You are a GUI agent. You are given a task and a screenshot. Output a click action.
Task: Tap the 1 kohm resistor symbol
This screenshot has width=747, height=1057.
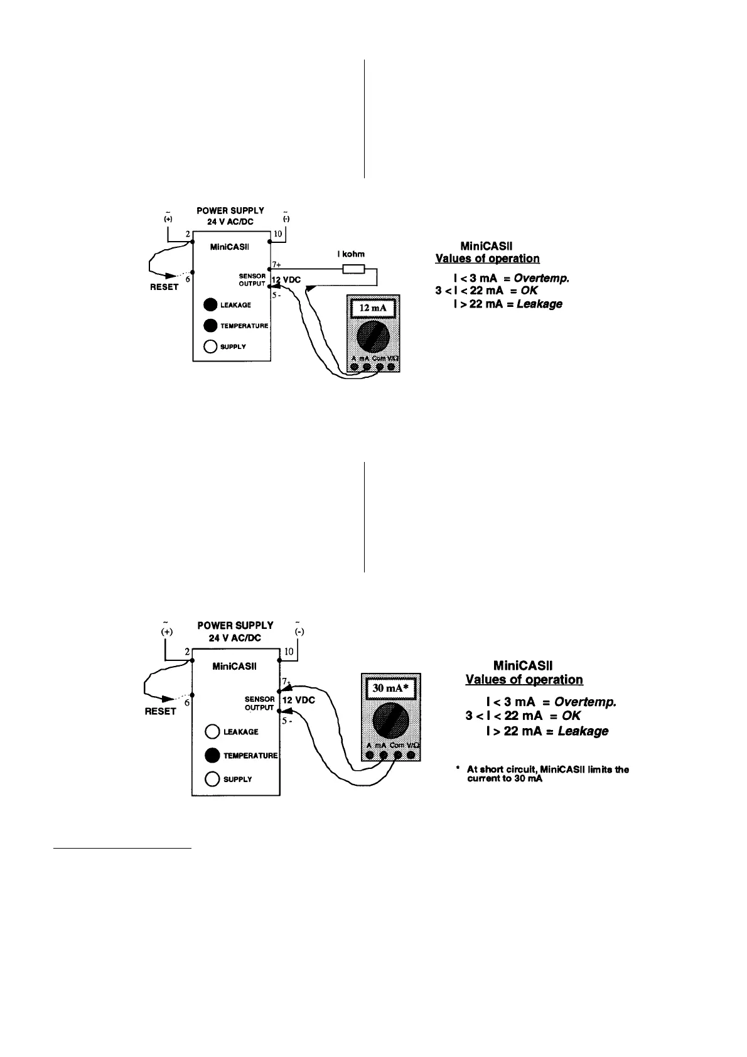(353, 269)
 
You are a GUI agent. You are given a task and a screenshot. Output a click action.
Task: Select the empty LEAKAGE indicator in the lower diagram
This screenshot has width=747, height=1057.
(212, 732)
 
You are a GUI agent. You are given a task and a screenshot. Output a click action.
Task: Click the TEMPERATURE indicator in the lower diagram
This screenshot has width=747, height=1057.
(212, 755)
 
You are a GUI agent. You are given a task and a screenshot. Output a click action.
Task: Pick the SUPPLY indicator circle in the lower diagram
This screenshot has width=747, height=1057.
(212, 779)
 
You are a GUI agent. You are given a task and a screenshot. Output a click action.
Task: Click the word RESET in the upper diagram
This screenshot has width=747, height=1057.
(164, 287)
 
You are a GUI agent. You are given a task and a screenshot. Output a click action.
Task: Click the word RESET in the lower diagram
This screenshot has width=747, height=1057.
(161, 711)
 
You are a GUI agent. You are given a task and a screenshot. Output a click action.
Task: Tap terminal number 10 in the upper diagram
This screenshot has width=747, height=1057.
(278, 233)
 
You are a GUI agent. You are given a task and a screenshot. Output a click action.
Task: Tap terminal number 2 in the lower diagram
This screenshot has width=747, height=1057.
(187, 652)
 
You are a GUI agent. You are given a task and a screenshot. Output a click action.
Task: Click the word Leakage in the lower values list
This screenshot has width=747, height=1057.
(583, 731)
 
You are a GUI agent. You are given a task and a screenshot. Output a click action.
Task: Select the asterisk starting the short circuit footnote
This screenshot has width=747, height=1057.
(458, 768)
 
